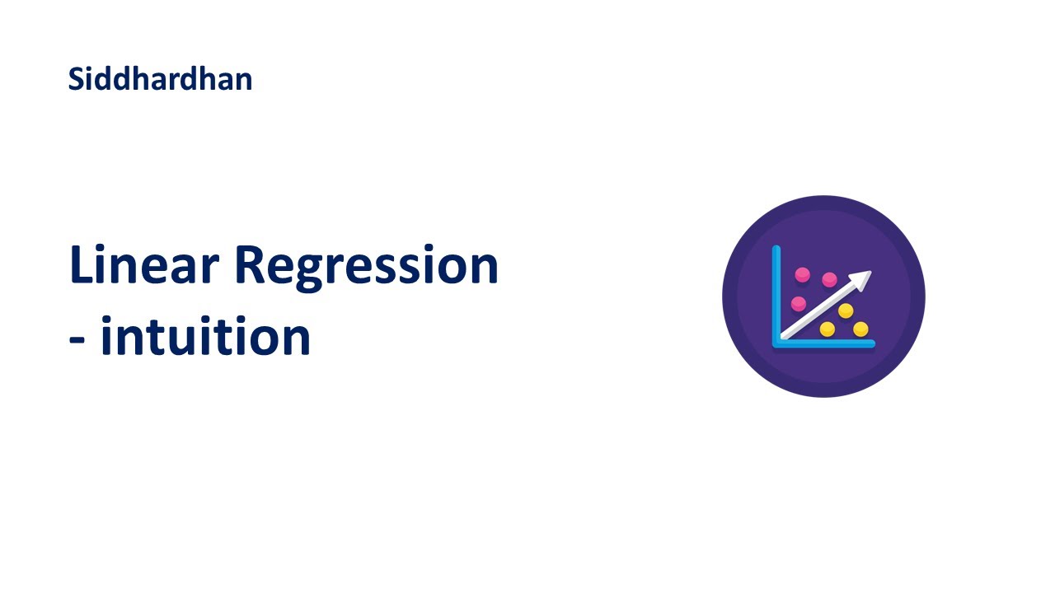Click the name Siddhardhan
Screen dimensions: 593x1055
click(x=160, y=79)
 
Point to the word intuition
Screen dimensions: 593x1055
click(x=205, y=336)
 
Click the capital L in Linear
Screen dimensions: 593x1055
click(x=81, y=265)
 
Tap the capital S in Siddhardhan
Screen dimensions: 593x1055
click(x=76, y=79)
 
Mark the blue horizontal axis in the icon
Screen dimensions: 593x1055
click(x=824, y=343)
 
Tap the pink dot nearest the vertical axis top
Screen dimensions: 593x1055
click(x=802, y=275)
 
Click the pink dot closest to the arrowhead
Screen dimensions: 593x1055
click(x=829, y=279)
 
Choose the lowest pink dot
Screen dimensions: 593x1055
click(x=799, y=303)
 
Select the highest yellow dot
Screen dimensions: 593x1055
click(x=846, y=311)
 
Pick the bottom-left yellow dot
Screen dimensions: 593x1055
click(x=828, y=329)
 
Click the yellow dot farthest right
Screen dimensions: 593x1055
click(x=860, y=329)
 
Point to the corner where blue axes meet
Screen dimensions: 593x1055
click(x=776, y=343)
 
